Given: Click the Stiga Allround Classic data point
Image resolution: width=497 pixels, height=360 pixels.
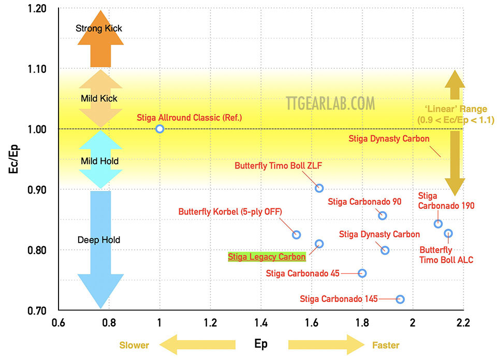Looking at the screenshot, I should (159, 129).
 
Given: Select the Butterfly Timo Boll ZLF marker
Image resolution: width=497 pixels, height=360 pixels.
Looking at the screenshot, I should (319, 188).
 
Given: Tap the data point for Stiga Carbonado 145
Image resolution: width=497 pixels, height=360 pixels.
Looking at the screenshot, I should (400, 299).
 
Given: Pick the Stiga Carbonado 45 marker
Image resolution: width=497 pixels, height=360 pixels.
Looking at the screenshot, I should (362, 273).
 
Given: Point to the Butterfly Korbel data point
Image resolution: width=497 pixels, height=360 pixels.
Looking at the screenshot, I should (296, 234).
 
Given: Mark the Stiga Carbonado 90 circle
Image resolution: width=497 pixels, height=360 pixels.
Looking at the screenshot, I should (382, 216).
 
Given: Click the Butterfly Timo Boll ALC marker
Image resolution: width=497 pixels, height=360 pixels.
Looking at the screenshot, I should (448, 233).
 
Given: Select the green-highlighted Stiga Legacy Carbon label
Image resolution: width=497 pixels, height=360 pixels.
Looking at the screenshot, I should (267, 257).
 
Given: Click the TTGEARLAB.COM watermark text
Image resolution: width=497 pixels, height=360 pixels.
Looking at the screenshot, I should (330, 103).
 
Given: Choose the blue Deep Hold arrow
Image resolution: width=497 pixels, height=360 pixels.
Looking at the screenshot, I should (100, 248).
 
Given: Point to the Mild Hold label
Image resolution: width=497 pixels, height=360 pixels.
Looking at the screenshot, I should (99, 161).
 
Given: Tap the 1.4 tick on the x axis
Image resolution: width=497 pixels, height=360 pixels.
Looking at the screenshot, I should (260, 323).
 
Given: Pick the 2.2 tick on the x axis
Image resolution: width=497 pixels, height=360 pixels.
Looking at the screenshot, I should (463, 323).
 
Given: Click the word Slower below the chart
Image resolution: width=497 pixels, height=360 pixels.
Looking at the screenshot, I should (134, 345).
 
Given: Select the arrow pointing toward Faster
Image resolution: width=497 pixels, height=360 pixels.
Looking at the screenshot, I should (326, 344).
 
